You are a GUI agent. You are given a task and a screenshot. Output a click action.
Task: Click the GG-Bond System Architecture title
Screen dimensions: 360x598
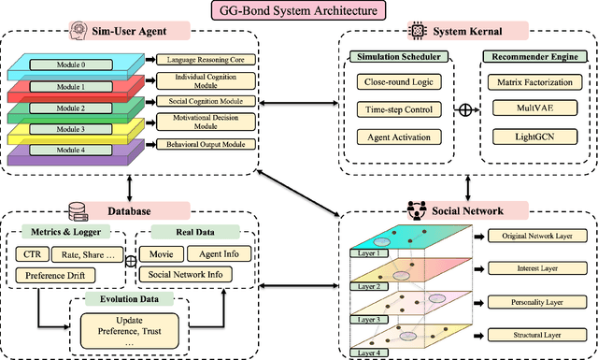[x=298, y=12]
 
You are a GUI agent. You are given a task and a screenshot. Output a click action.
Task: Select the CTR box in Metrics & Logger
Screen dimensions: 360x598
[x=33, y=253]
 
